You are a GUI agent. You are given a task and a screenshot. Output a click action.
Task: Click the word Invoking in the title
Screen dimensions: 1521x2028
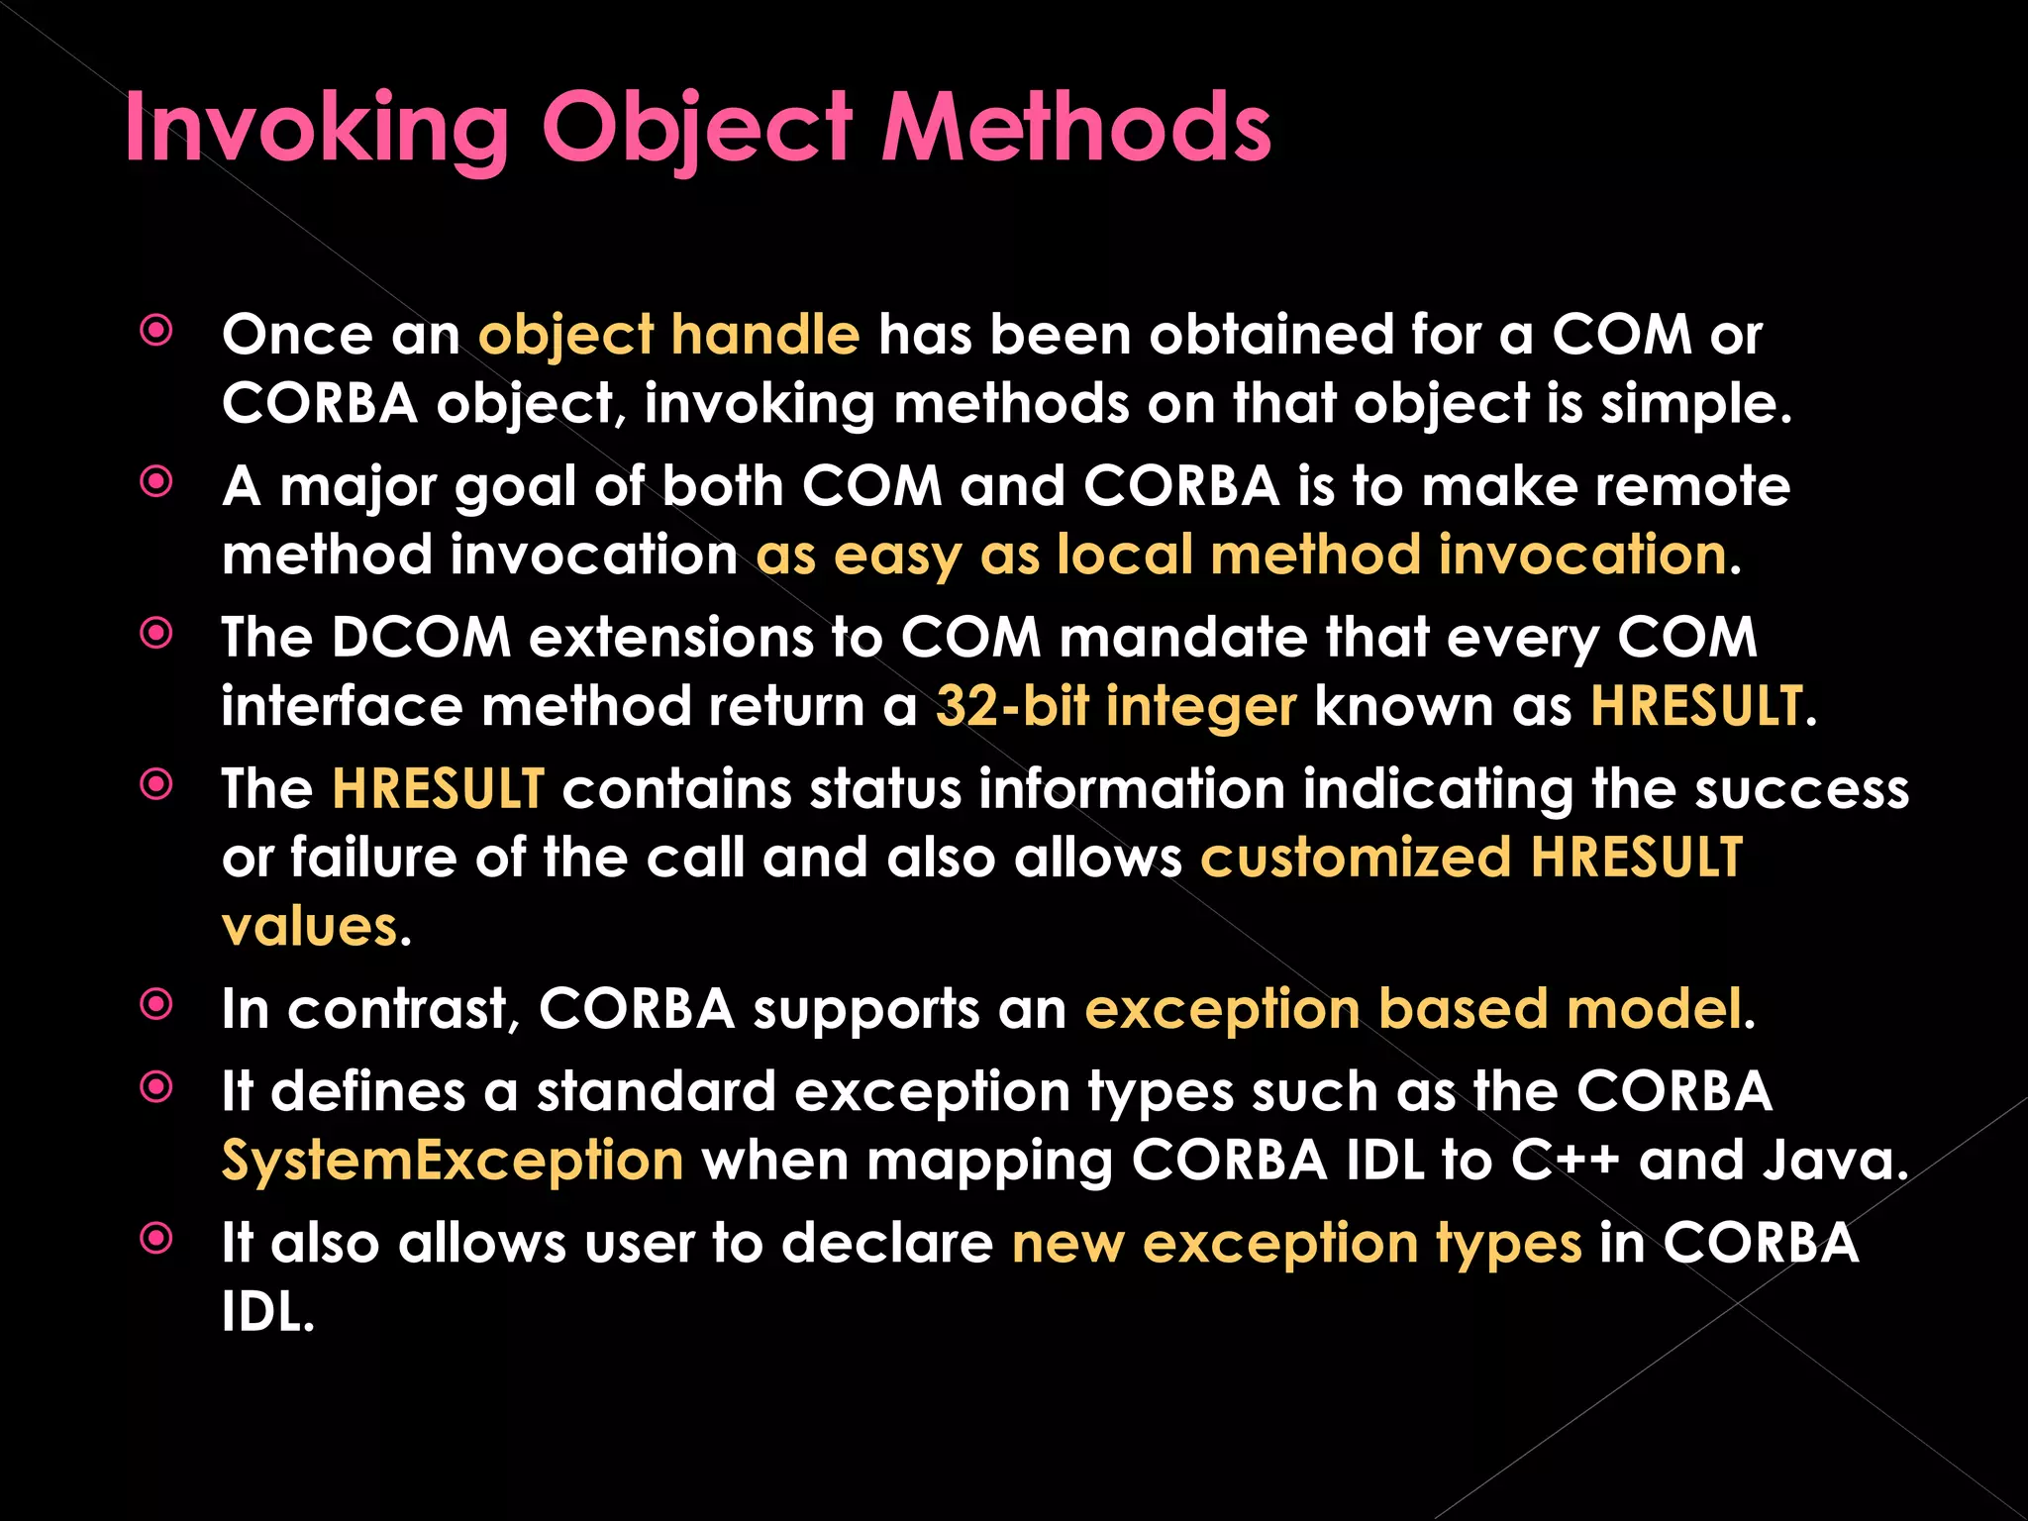[x=316, y=130]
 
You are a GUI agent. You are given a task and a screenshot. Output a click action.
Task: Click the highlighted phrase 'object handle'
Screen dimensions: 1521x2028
[x=668, y=335]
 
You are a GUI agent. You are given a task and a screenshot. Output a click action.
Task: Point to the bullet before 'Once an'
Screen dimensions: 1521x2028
[x=156, y=331]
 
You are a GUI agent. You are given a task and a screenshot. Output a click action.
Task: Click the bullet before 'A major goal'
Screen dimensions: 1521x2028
[x=156, y=483]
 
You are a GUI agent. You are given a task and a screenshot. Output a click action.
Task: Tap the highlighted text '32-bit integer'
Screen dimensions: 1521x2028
[x=1115, y=707]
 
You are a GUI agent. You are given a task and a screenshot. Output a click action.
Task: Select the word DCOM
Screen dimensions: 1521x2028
[x=420, y=637]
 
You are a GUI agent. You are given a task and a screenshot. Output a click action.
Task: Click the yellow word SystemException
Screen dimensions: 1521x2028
[x=453, y=1161]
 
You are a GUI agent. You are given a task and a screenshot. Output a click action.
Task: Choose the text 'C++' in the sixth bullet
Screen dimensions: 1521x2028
[x=1565, y=1161]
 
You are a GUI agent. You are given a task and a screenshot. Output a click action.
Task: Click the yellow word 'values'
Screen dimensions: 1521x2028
[x=309, y=927]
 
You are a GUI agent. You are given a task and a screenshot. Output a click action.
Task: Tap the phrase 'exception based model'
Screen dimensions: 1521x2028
[x=1413, y=1010]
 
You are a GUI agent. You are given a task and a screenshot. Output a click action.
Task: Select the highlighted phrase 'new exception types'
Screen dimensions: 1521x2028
[x=1296, y=1244]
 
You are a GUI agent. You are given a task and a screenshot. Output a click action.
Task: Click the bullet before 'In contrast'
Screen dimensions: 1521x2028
[x=156, y=1006]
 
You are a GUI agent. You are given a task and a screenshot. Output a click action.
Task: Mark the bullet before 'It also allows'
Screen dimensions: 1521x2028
[x=156, y=1239]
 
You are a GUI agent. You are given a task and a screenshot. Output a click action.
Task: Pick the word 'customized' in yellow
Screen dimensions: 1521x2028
[x=1356, y=858]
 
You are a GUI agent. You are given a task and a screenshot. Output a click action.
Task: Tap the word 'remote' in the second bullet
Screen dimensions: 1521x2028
[x=1692, y=486]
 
